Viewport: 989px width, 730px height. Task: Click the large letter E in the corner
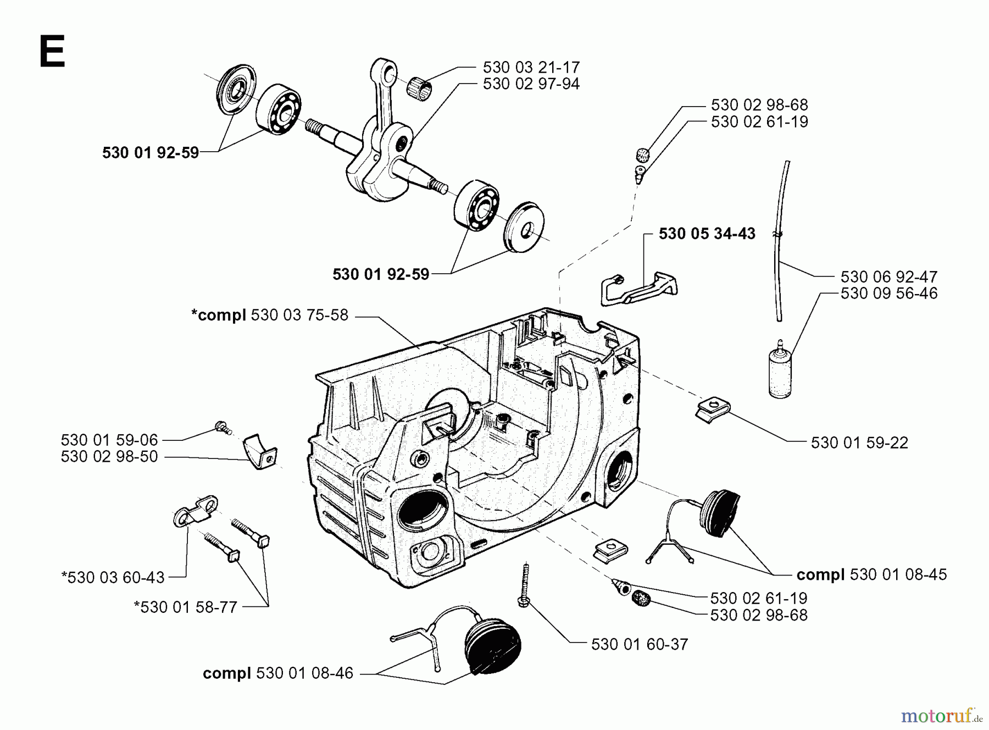pos(52,51)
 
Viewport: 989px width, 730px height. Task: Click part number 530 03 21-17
pos(531,67)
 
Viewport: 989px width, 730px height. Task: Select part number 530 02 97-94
pos(531,84)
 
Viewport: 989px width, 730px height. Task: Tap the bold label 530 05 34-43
pos(707,234)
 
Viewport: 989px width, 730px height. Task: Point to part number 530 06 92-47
pos(888,276)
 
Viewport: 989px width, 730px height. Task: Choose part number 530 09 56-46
pos(888,293)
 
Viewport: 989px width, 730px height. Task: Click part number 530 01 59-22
pos(859,443)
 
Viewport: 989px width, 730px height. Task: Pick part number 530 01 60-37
pos(639,644)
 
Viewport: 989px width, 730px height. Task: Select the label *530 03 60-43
pos(113,577)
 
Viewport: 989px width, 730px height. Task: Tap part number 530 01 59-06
pos(109,440)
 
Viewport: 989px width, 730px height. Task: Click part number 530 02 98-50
pos(109,456)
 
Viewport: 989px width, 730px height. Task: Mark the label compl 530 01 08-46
pos(277,673)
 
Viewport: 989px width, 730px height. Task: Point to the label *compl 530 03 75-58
pos(269,315)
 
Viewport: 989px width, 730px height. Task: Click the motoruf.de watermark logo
pos(940,715)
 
